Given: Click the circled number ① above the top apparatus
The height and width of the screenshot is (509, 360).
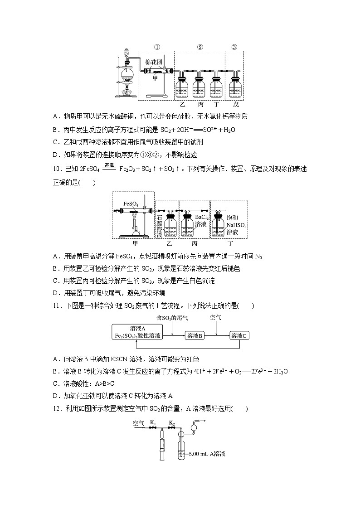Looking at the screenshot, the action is pos(156,47).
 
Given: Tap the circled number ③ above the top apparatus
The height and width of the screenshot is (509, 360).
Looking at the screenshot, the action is pos(234,47).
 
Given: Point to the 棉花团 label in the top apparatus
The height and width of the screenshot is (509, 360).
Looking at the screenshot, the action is pos(153,62).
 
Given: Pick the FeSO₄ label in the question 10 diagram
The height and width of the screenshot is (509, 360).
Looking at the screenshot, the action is pos(131,204).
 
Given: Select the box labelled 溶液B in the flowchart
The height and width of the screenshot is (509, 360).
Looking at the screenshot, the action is pos(195,335).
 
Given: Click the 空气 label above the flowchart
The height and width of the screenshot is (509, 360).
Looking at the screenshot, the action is pos(216,317).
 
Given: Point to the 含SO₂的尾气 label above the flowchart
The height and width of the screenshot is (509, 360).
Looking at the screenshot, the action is pos(172,318).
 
